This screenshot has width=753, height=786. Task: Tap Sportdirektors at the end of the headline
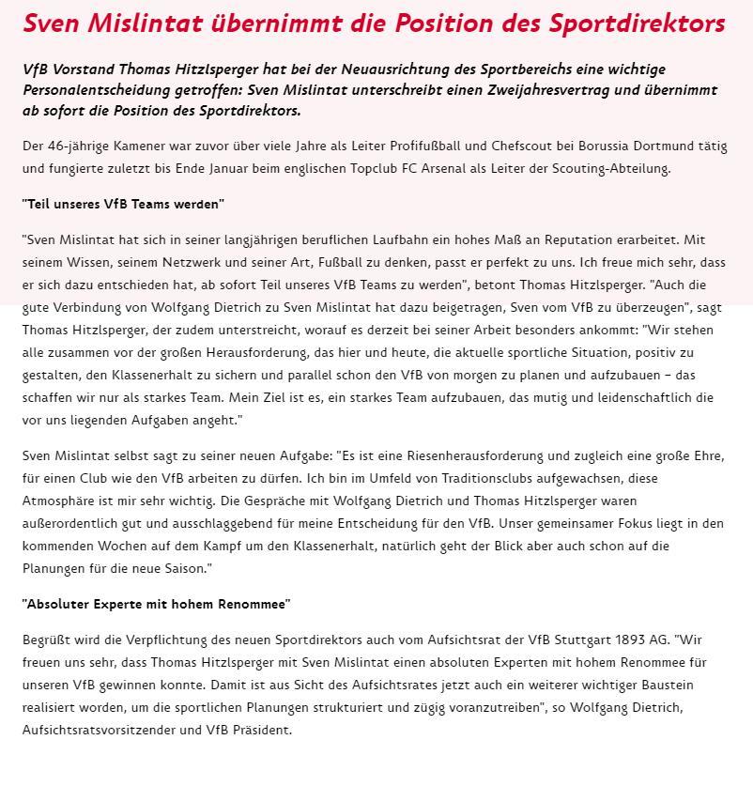coord(642,23)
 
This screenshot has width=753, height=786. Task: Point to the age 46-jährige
coord(82,146)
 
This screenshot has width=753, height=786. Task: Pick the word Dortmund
coord(649,146)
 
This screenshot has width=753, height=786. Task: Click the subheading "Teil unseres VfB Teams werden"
coord(123,204)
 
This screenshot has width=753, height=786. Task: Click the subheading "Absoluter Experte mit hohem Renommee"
coord(156,604)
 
